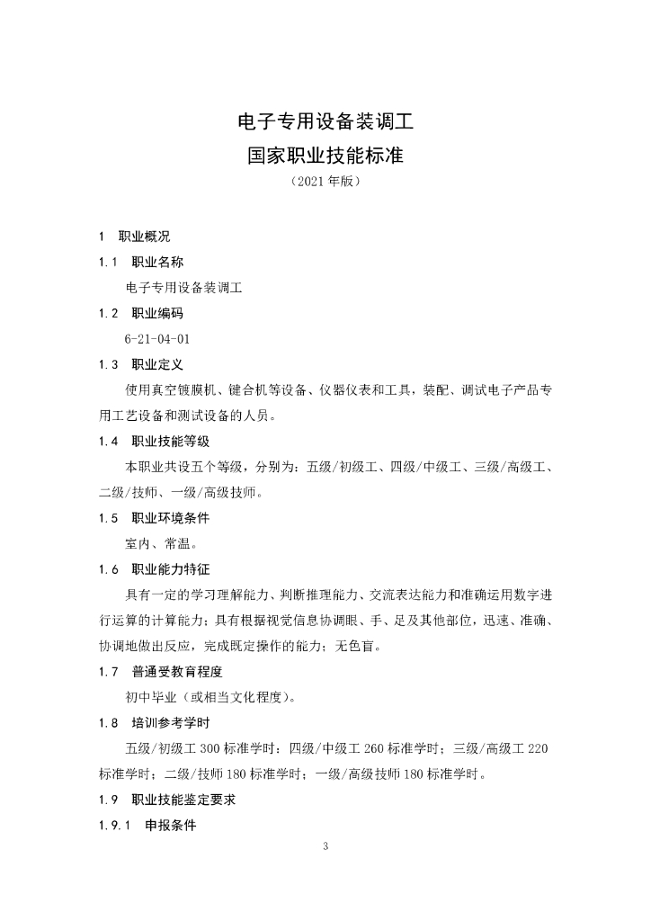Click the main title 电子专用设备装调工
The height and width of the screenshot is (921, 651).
[325, 120]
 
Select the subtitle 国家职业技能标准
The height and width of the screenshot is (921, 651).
[325, 156]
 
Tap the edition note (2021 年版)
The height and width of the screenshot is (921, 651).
[325, 182]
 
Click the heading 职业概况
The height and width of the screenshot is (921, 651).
[144, 237]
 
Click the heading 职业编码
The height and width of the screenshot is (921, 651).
[157, 314]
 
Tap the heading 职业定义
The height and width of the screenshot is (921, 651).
[157, 364]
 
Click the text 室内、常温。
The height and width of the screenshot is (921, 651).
[162, 543]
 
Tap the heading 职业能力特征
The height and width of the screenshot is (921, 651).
[170, 569]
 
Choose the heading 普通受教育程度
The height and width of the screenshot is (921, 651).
[176, 672]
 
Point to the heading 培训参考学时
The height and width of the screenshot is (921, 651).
[170, 722]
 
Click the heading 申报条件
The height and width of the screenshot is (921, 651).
[170, 825]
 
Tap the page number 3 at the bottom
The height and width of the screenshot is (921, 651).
[325, 846]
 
